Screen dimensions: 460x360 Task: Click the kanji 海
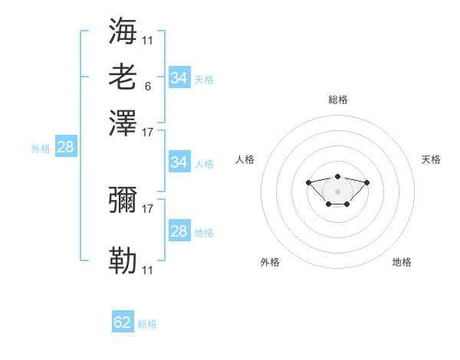(x=123, y=31)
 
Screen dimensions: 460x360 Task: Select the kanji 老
(x=123, y=77)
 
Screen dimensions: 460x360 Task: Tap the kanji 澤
(x=123, y=123)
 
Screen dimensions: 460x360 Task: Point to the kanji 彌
(x=123, y=200)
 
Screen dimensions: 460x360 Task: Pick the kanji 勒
(x=123, y=260)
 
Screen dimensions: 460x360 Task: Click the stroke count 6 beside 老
(x=148, y=87)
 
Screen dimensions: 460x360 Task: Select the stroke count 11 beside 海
(x=147, y=41)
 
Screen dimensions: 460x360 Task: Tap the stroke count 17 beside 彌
(x=147, y=209)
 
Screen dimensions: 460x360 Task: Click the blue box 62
(x=123, y=321)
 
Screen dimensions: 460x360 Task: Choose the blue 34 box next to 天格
(x=179, y=77)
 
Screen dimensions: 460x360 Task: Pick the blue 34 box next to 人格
(x=179, y=162)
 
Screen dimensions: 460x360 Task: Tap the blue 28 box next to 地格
(x=179, y=230)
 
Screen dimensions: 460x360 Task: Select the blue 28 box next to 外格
(x=66, y=146)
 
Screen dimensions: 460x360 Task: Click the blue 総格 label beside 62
(x=147, y=324)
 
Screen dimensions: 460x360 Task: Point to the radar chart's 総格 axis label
(x=338, y=100)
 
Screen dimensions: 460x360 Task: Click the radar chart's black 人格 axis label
(x=245, y=159)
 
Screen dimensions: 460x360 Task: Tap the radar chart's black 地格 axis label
(x=402, y=262)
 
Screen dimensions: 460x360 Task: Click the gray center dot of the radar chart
(x=337, y=191)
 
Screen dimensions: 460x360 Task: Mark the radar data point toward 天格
(x=366, y=182)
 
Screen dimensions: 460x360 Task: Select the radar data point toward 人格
(x=308, y=182)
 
